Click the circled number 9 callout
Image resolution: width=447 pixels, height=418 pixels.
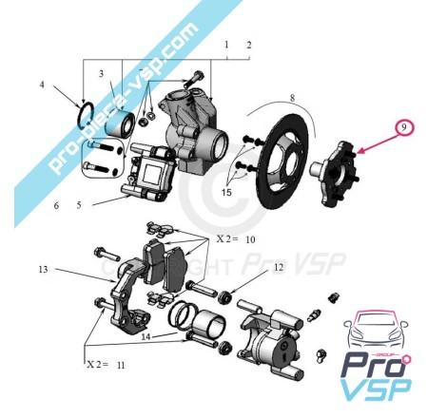coord(403,128)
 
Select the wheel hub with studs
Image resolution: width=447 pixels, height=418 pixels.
coord(335,174)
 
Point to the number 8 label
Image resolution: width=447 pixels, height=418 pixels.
coord(292,98)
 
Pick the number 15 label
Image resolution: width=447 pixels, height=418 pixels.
coord(227,192)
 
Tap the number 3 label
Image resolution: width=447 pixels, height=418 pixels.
coord(101,74)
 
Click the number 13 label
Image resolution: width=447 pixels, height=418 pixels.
coord(44,270)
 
